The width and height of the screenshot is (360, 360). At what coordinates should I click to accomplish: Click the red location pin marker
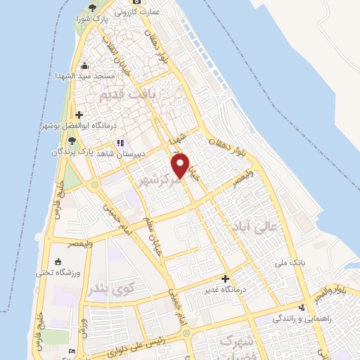181,165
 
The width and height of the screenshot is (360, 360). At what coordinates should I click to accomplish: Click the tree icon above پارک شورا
92,8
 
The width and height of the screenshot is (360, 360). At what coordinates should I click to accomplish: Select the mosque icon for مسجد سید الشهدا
84,66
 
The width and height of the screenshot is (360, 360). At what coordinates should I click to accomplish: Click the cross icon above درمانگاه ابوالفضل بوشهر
79,115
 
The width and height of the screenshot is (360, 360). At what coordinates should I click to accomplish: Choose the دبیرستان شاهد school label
146,150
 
